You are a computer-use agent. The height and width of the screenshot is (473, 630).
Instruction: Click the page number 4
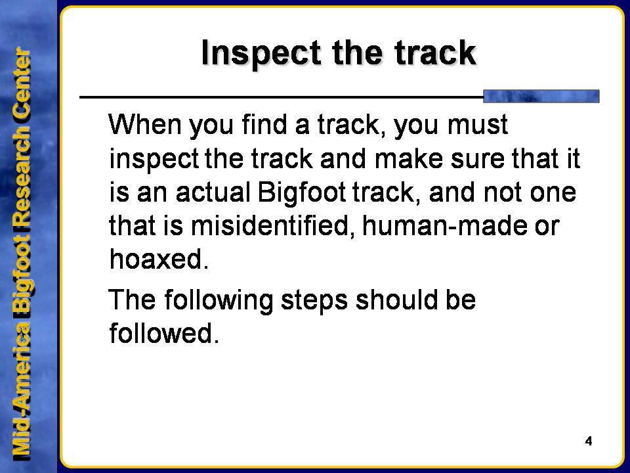point(589,441)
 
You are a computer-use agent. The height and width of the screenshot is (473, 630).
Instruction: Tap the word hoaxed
point(159,259)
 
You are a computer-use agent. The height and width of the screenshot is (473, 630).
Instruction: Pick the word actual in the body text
point(213,192)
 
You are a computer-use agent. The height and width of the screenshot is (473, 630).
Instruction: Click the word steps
point(314,300)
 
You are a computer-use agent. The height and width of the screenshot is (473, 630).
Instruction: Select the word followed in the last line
point(164,333)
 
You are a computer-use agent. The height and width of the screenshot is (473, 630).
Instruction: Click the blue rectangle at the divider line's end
point(541,96)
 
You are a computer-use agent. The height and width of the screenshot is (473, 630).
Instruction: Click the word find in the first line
point(264,124)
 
